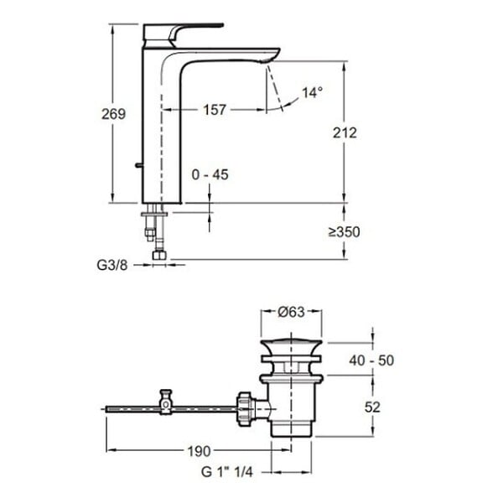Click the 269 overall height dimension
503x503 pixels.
coord(113,114)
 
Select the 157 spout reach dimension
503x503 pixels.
coord(215,110)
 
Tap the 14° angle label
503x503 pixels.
coord(312,92)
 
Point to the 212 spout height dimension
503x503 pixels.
coord(345,132)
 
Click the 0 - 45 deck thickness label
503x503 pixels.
coord(210,175)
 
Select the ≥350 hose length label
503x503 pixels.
coord(345,231)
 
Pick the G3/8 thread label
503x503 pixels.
coord(112,265)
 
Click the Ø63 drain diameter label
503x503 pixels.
coord(291,312)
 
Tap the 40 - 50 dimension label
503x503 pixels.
coord(371,360)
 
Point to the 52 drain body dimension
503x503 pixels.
coord(372,407)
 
